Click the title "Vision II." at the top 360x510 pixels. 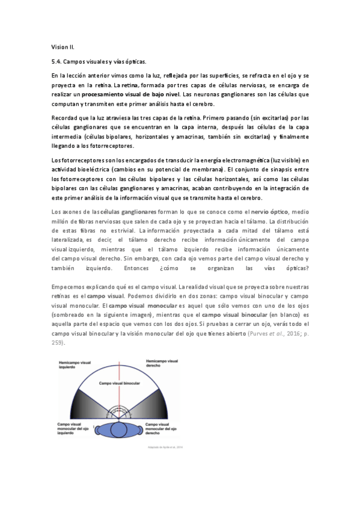click(63, 46)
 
